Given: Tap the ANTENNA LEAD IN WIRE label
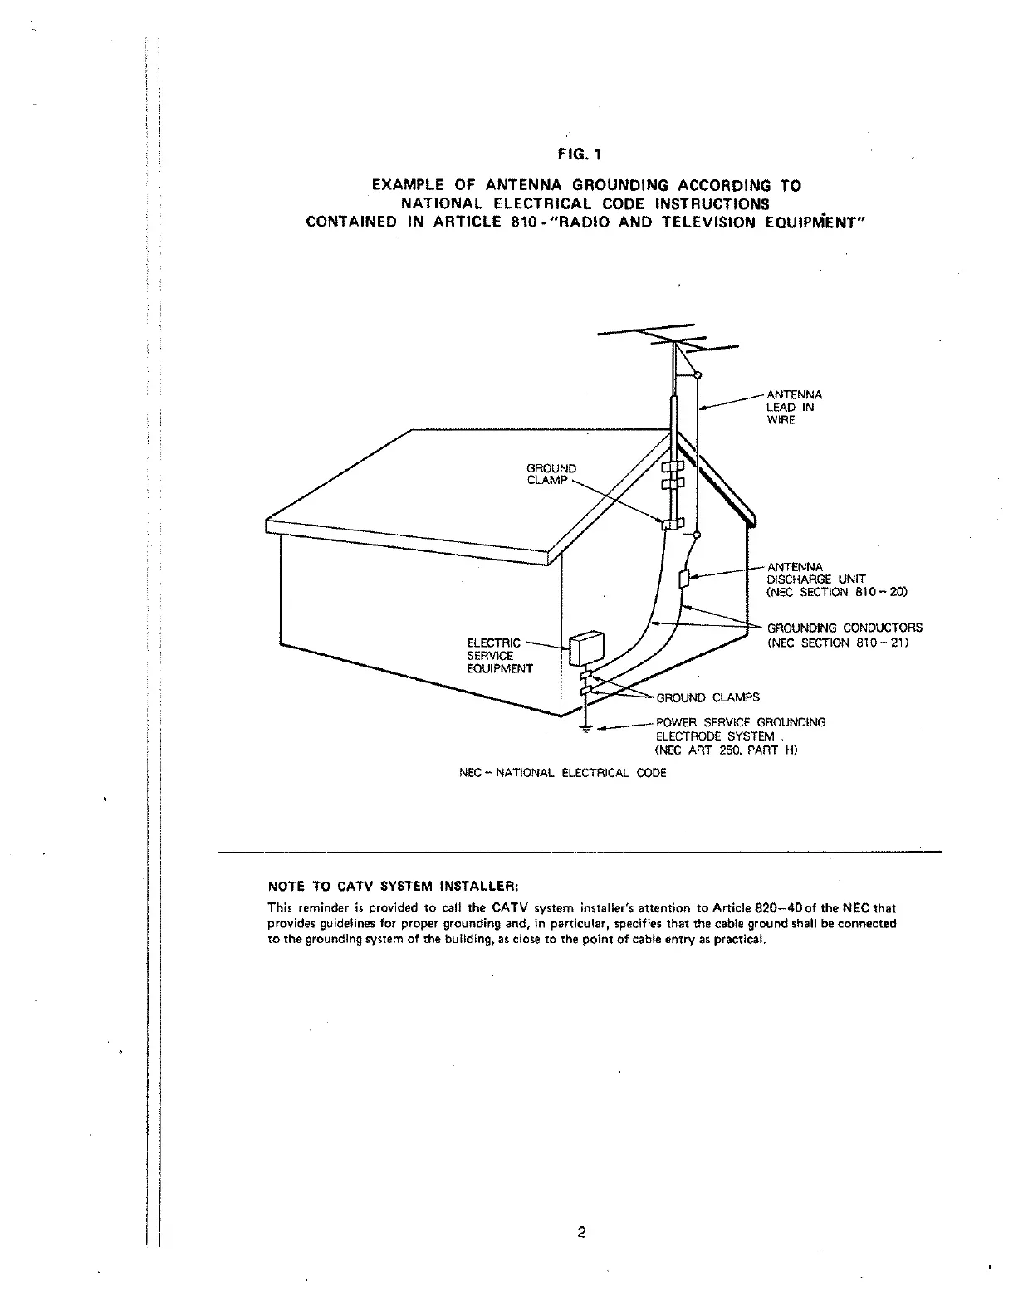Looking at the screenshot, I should click(794, 407).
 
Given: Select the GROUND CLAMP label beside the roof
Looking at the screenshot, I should click(551, 474).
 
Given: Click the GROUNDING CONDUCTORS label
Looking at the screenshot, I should click(844, 628).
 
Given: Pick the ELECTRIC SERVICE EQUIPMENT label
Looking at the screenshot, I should click(499, 655).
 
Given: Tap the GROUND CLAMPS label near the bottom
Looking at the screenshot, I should click(707, 697).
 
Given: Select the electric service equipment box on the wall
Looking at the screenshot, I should click(586, 648).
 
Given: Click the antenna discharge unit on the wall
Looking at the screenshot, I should click(683, 579).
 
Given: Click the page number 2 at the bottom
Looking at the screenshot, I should click(581, 1232).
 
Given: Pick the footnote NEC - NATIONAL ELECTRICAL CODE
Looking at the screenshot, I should click(562, 773).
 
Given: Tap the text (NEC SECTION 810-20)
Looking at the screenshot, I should click(837, 592).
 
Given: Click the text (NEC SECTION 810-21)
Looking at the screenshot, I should click(837, 643).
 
